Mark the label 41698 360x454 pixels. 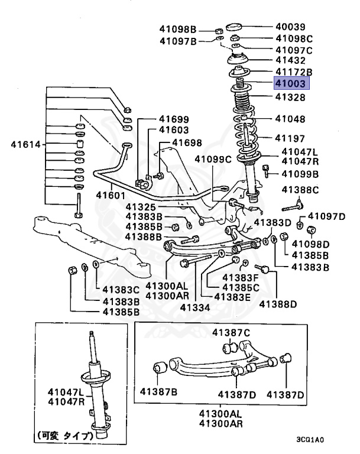click(187, 142)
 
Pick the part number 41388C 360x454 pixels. click(299, 190)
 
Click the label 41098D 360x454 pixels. click(310, 244)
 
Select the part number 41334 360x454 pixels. click(194, 307)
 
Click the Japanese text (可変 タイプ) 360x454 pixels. click(67, 436)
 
